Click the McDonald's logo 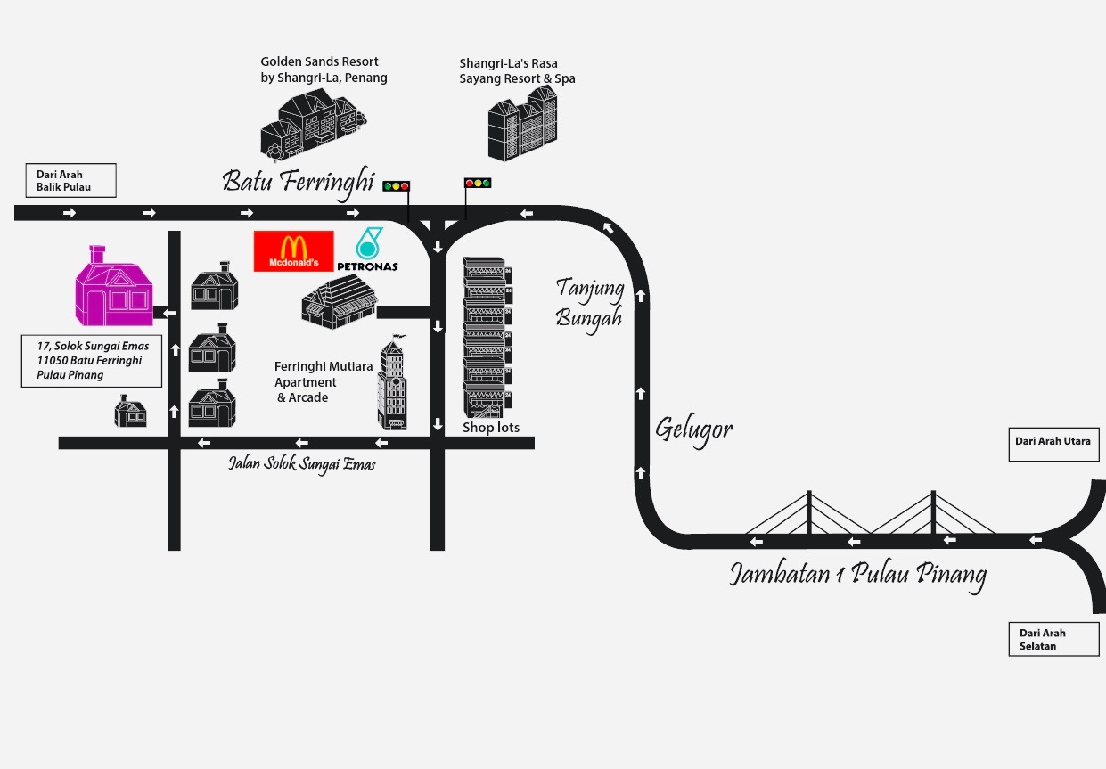pyautogui.click(x=293, y=251)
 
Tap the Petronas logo pyautogui.click(x=367, y=250)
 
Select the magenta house pyautogui.click(x=113, y=287)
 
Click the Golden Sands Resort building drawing pyautogui.click(x=313, y=127)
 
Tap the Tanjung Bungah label pyautogui.click(x=588, y=303)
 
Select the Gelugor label pyautogui.click(x=693, y=429)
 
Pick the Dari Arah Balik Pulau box pyautogui.click(x=70, y=181)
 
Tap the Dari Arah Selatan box pyautogui.click(x=1053, y=639)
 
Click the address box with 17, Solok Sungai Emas pyautogui.click(x=92, y=361)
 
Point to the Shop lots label pyautogui.click(x=491, y=428)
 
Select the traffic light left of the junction pyautogui.click(x=396, y=186)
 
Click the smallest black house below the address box pyautogui.click(x=130, y=412)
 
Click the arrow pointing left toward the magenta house pyautogui.click(x=169, y=313)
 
